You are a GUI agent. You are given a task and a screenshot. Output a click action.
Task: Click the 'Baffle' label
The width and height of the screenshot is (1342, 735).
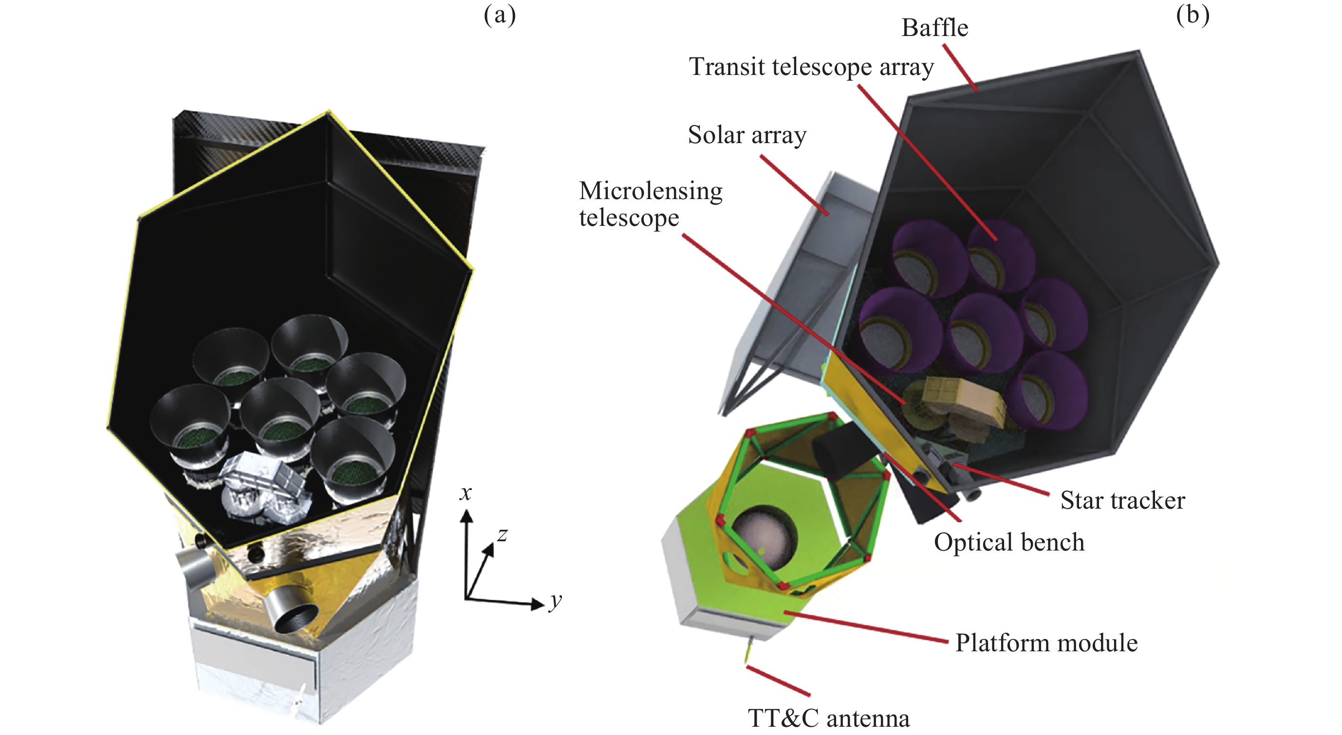[934, 28]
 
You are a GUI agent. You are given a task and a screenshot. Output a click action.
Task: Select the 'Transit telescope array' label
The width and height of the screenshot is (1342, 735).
[811, 67]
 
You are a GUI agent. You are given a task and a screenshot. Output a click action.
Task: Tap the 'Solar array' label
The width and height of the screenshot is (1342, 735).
[747, 135]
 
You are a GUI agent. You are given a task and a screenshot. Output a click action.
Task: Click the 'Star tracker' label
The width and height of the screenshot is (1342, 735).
[1123, 500]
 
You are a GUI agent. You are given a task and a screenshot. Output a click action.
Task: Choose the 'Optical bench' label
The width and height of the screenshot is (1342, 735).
[1009, 542]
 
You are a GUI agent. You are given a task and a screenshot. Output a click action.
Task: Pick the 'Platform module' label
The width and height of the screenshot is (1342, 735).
[1046, 643]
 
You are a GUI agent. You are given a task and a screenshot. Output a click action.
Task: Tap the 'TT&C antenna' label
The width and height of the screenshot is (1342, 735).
[829, 718]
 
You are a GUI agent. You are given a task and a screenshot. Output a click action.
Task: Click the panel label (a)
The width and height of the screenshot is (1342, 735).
[500, 16]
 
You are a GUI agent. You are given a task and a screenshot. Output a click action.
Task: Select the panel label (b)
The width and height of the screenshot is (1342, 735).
[1193, 16]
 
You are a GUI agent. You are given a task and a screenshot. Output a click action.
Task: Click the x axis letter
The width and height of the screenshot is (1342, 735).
[465, 493]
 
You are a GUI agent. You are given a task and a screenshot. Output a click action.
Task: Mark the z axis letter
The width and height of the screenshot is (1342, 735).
[502, 534]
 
